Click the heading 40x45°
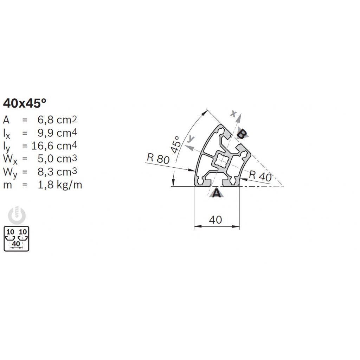[x=25, y=103]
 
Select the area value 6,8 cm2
[x=57, y=120]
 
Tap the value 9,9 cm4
[x=57, y=133]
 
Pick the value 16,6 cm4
[x=54, y=146]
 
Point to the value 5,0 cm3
[x=57, y=159]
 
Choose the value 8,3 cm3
[x=57, y=172]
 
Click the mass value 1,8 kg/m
[x=60, y=185]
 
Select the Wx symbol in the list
[x=10, y=160]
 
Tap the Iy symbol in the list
[x=6, y=147]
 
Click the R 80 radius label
[x=158, y=159]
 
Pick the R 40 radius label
[x=260, y=176]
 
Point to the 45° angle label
[x=176, y=144]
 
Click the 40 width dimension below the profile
[x=216, y=220]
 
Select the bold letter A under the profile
[x=217, y=193]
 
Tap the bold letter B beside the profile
[x=242, y=134]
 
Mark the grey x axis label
[x=233, y=113]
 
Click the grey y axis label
[x=191, y=139]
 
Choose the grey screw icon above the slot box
[x=17, y=216]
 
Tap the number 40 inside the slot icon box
[x=16, y=244]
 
